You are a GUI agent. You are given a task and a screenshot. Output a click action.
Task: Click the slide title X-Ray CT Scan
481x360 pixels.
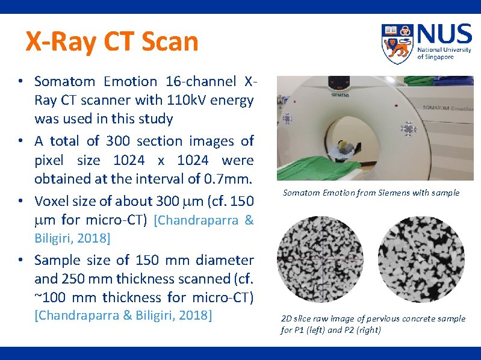click(111, 42)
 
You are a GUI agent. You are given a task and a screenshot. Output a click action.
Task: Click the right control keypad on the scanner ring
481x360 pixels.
click(409, 128)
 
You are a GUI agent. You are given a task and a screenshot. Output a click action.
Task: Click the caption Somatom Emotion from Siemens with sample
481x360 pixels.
click(371, 193)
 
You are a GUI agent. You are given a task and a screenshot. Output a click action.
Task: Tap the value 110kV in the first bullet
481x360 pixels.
click(191, 100)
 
